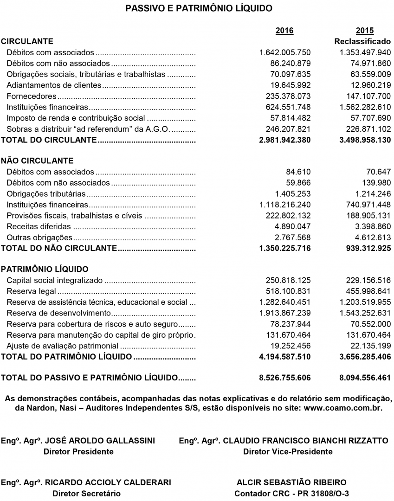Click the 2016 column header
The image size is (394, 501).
pos(284,31)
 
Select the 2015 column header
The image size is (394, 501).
pos(365,31)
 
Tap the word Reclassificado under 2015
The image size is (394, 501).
pos(362,42)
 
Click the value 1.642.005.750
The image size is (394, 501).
pos(285,52)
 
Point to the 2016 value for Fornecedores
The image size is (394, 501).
pos(285,96)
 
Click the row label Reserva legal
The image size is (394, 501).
pos(32,291)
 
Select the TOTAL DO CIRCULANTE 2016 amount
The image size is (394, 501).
pos(285,140)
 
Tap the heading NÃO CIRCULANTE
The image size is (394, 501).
pos(38,161)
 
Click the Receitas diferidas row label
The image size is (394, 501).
pos(39,227)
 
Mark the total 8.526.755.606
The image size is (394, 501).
pos(285,378)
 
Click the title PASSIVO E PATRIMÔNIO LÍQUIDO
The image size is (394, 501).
pos(199,8)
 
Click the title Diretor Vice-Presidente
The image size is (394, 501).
pos(288,451)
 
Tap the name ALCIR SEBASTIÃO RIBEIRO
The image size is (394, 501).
pos(291,482)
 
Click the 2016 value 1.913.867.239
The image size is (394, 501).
pos(285,313)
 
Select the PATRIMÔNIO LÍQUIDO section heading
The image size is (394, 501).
pos(45,270)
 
